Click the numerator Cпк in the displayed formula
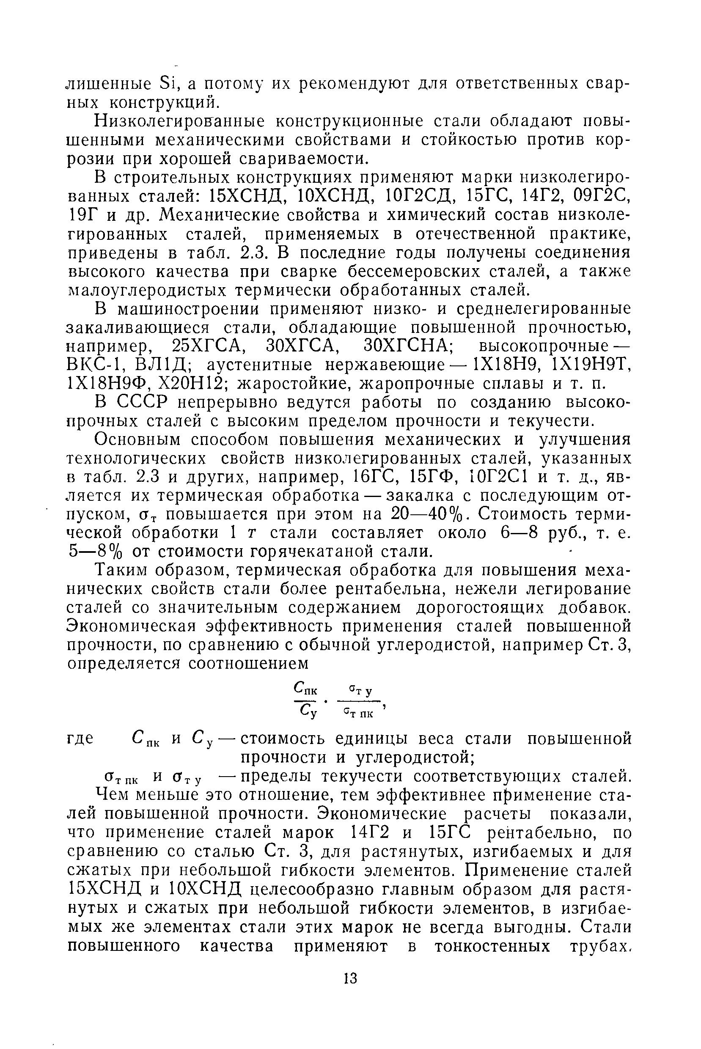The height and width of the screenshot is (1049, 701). pos(306,689)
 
